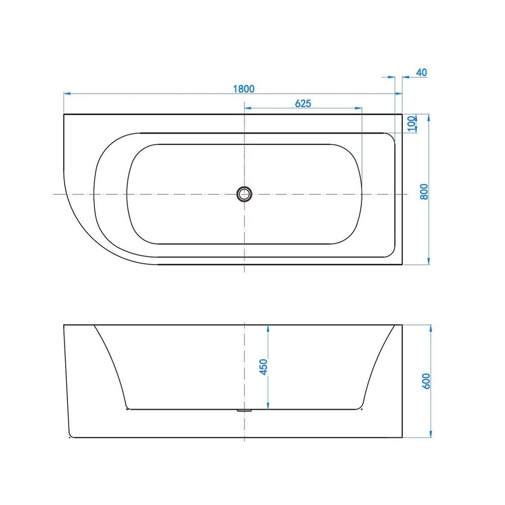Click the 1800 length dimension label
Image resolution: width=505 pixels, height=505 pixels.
pos(244,88)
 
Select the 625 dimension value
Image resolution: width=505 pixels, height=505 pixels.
pos(303,103)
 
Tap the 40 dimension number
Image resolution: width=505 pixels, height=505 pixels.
pos(422,72)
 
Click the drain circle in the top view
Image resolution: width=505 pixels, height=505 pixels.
pos(244,194)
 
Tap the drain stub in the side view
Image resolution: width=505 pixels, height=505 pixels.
pos(244,410)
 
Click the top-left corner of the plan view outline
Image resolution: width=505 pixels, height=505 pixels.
pos(64,114)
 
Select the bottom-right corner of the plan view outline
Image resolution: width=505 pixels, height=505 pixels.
pos(402,264)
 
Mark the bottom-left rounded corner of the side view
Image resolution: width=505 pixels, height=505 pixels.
pos(69,436)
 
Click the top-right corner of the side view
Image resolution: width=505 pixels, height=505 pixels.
pos(402,324)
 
